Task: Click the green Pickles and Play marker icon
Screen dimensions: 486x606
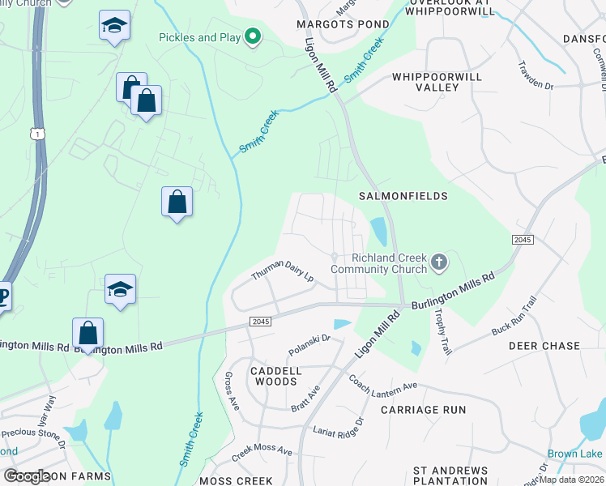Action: click(253, 36)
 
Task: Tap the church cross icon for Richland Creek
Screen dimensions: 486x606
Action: click(438, 262)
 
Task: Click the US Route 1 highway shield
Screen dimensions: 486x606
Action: click(37, 133)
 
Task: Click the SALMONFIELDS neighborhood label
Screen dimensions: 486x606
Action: click(403, 196)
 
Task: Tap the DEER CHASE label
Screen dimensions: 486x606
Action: click(544, 346)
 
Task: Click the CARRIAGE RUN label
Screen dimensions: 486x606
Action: click(423, 410)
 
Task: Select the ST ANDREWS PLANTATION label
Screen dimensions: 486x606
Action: click(450, 475)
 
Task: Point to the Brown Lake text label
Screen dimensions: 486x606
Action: click(574, 454)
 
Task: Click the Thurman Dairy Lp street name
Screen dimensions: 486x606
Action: click(282, 275)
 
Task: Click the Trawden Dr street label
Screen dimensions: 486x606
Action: click(536, 74)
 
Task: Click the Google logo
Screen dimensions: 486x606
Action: click(28, 475)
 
